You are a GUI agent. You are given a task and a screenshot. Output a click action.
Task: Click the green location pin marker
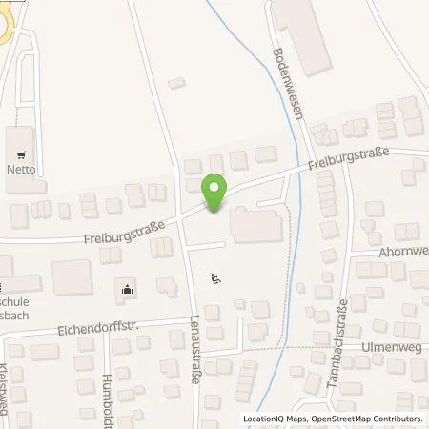[216, 193]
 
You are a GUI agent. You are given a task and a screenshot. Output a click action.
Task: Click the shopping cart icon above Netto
[22, 153]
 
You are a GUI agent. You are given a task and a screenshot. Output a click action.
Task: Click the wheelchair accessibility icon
[216, 278]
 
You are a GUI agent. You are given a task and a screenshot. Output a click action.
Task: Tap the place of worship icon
[128, 288]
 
